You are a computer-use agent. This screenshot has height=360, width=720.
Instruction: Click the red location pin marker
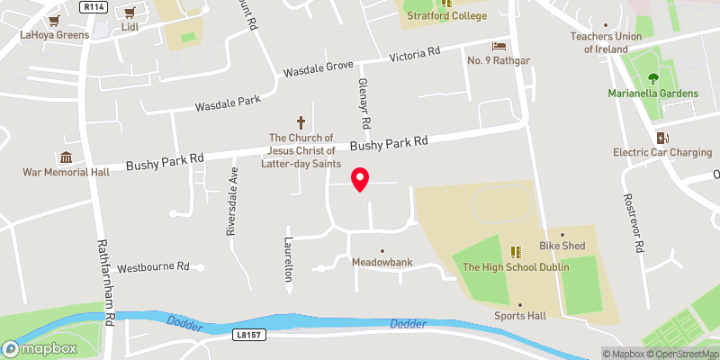point(360,179)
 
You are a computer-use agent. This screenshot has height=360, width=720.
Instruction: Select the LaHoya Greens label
point(55,35)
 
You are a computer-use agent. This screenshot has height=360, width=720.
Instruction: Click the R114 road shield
point(92,6)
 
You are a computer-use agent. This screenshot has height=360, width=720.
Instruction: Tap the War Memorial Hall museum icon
point(65,157)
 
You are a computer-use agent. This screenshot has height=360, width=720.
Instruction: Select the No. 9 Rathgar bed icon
point(498,45)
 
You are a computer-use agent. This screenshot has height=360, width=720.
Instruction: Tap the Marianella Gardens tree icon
point(663,78)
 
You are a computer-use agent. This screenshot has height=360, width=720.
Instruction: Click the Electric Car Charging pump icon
point(662,138)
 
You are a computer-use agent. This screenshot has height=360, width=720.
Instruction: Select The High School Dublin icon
point(516,252)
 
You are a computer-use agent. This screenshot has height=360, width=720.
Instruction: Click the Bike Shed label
point(562,246)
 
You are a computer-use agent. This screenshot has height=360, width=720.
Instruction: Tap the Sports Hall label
point(519,316)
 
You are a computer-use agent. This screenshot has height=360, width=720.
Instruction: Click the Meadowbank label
point(382,263)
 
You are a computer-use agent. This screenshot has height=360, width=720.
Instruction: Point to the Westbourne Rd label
point(153,267)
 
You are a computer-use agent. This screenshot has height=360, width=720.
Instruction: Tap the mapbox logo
point(35,348)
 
